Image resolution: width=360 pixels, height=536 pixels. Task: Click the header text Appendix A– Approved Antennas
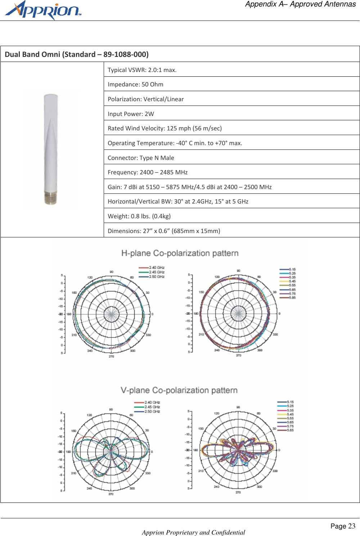point(300,4)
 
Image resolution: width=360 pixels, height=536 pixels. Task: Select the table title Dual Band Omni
point(76,54)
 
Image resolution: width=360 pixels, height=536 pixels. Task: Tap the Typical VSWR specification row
point(142,70)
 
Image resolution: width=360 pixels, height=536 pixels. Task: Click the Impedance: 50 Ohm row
point(135,84)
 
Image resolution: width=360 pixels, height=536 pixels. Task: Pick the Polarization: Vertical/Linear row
point(146,99)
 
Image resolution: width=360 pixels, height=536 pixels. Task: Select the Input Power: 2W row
point(131,114)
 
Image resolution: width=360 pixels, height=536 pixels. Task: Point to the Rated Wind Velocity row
point(165,128)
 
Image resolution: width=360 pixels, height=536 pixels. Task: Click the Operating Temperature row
point(175,143)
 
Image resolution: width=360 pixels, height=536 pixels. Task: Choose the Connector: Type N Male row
point(141,158)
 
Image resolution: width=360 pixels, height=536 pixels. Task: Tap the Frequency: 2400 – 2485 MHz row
point(148,172)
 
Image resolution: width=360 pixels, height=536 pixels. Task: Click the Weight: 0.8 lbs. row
point(139,216)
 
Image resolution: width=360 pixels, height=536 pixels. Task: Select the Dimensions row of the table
point(164,231)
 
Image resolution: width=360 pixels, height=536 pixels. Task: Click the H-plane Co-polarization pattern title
point(180,253)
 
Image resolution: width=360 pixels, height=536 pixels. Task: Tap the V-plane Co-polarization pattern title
point(179,390)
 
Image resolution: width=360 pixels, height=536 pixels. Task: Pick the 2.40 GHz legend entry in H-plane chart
point(156,268)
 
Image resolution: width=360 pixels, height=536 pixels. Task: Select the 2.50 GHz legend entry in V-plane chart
point(152,411)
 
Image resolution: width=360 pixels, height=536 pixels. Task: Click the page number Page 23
point(343,526)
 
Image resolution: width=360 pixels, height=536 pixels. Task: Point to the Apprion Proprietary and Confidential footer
point(193,532)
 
